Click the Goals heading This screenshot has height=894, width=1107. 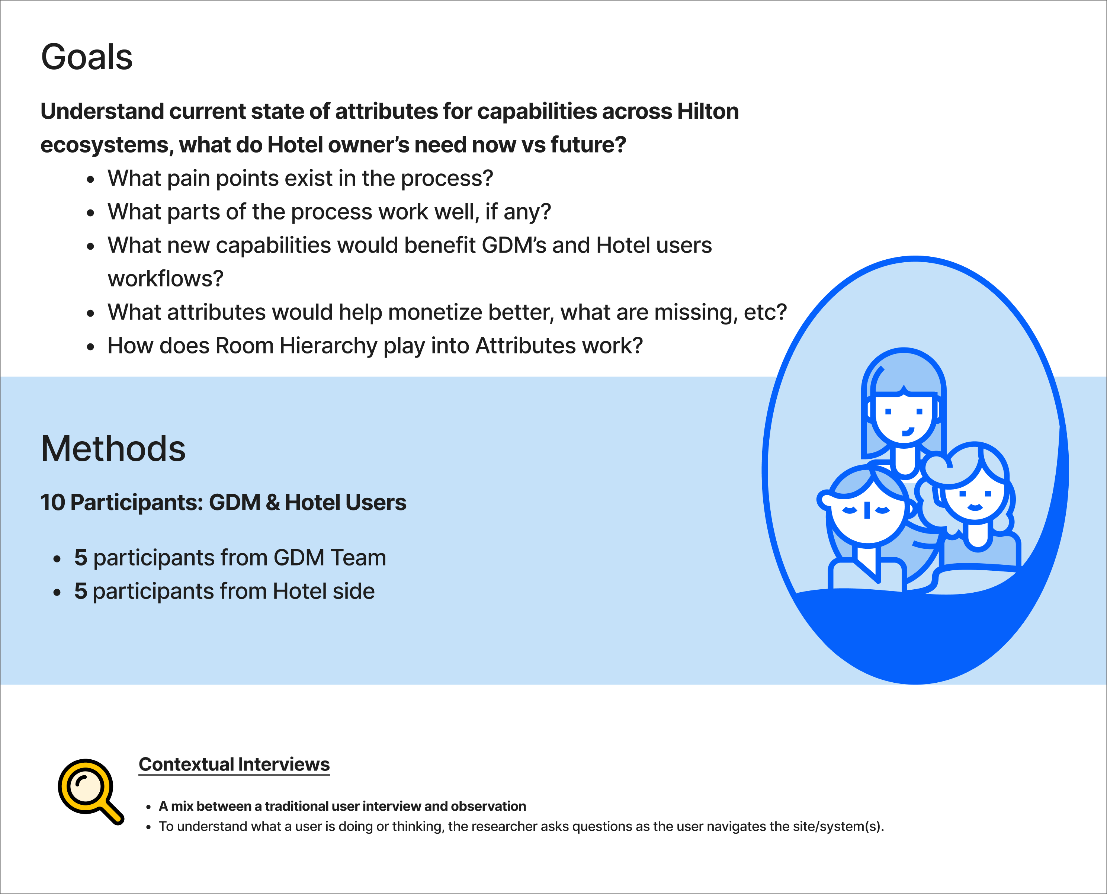click(x=87, y=57)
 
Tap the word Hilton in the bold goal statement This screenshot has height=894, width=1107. click(x=708, y=111)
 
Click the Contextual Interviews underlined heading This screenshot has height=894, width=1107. click(x=234, y=764)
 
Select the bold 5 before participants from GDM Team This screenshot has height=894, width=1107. click(x=80, y=558)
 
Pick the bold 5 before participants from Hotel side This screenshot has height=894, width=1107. click(x=80, y=591)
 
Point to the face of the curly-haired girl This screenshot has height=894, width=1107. click(x=975, y=497)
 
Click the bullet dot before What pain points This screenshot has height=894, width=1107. click(x=91, y=179)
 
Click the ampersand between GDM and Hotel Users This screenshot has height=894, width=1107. click(x=273, y=503)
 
